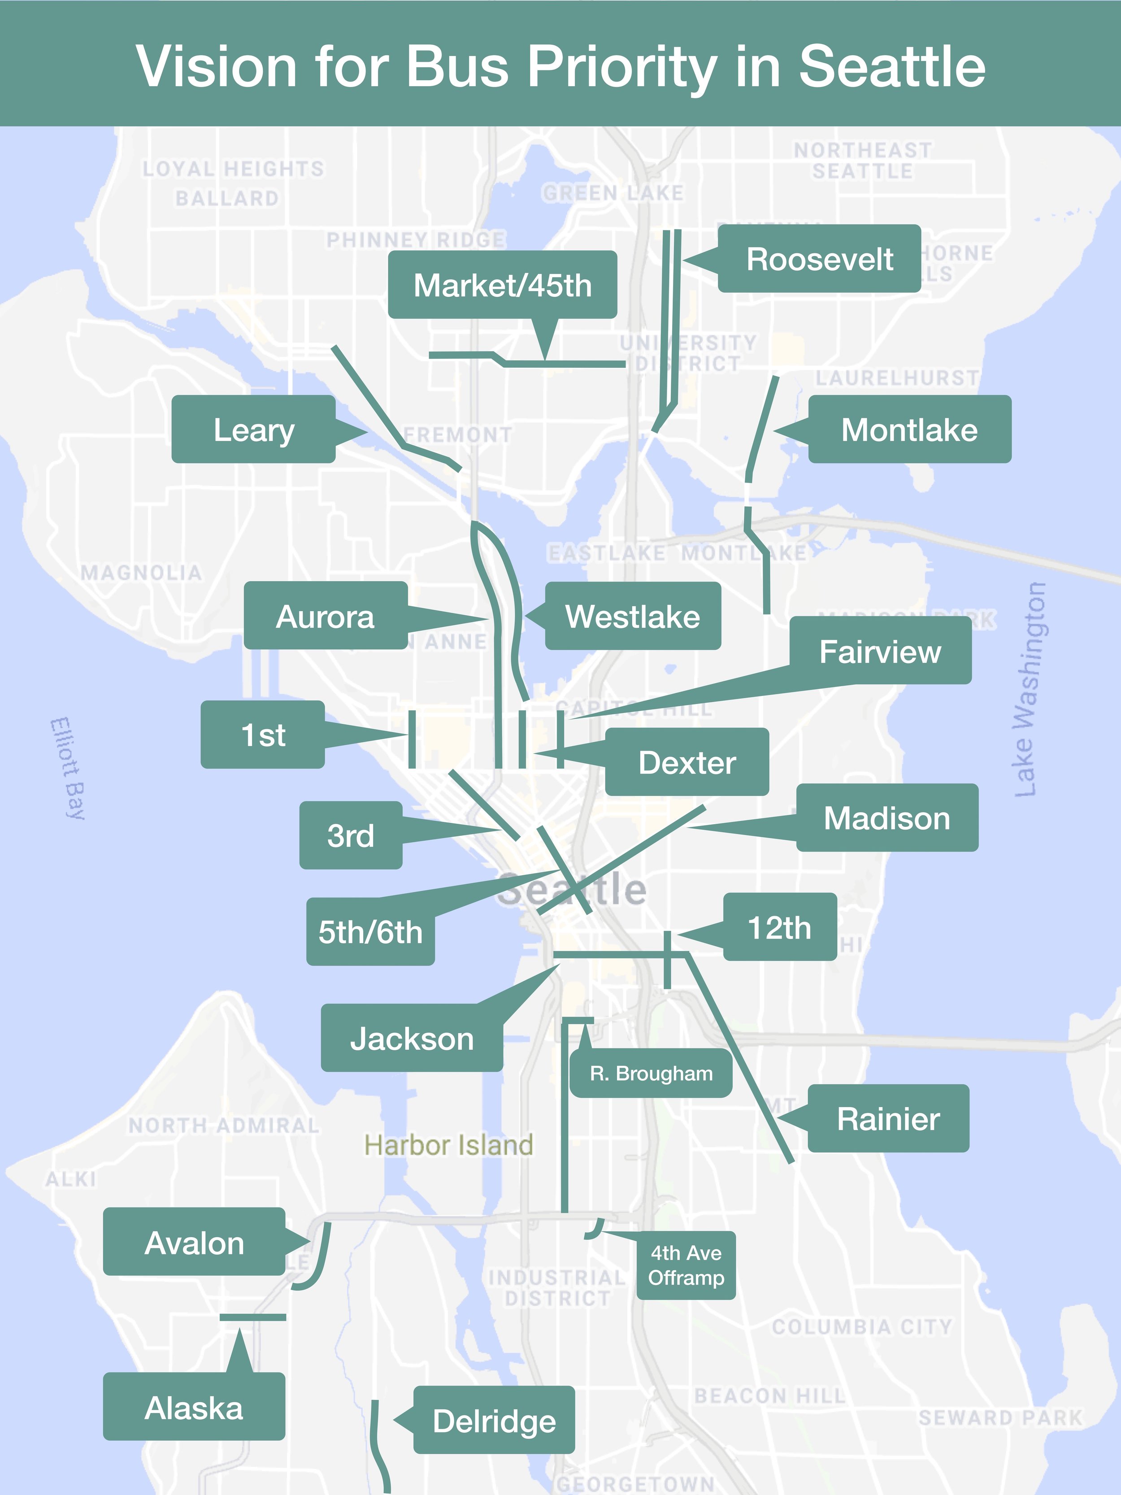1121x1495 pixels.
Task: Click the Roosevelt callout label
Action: click(x=819, y=259)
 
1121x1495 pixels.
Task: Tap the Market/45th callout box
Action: click(x=502, y=285)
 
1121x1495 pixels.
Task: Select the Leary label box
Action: click(x=253, y=430)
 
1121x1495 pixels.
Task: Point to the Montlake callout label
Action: click(x=909, y=430)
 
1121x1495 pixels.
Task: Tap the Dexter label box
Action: click(x=687, y=762)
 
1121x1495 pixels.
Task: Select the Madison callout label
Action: click(x=886, y=818)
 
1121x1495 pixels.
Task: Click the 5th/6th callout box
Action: click(x=370, y=932)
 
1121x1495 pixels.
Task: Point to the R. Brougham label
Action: click(x=651, y=1073)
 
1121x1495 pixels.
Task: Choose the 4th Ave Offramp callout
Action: click(x=686, y=1265)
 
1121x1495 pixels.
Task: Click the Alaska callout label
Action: click(x=194, y=1408)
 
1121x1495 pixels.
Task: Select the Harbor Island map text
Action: click(x=449, y=1145)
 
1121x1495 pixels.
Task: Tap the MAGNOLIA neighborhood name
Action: click(x=141, y=573)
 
